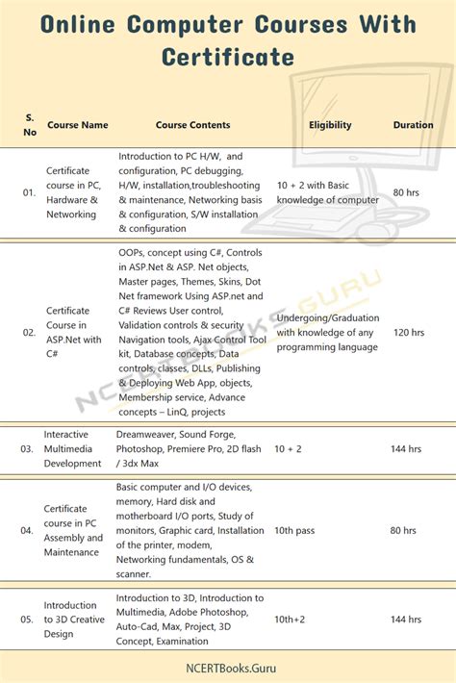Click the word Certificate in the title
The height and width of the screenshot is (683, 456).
228,57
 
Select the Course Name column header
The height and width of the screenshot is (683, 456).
76,125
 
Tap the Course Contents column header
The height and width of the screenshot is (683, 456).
192,125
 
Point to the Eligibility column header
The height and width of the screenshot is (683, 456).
330,125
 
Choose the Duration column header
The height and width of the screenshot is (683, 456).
413,125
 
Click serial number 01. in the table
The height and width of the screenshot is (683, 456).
29,192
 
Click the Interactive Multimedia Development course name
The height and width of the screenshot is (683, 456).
72,449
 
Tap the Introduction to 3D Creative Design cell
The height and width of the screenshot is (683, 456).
72,620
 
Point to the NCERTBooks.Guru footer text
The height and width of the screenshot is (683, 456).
228,664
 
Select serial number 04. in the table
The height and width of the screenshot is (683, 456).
29,530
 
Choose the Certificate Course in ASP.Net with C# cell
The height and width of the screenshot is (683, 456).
73,332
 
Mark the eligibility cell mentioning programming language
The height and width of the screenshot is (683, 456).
327,333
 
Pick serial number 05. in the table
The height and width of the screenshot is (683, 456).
29,620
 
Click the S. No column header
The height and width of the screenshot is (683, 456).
29,125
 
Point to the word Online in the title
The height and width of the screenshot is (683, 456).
83,24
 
